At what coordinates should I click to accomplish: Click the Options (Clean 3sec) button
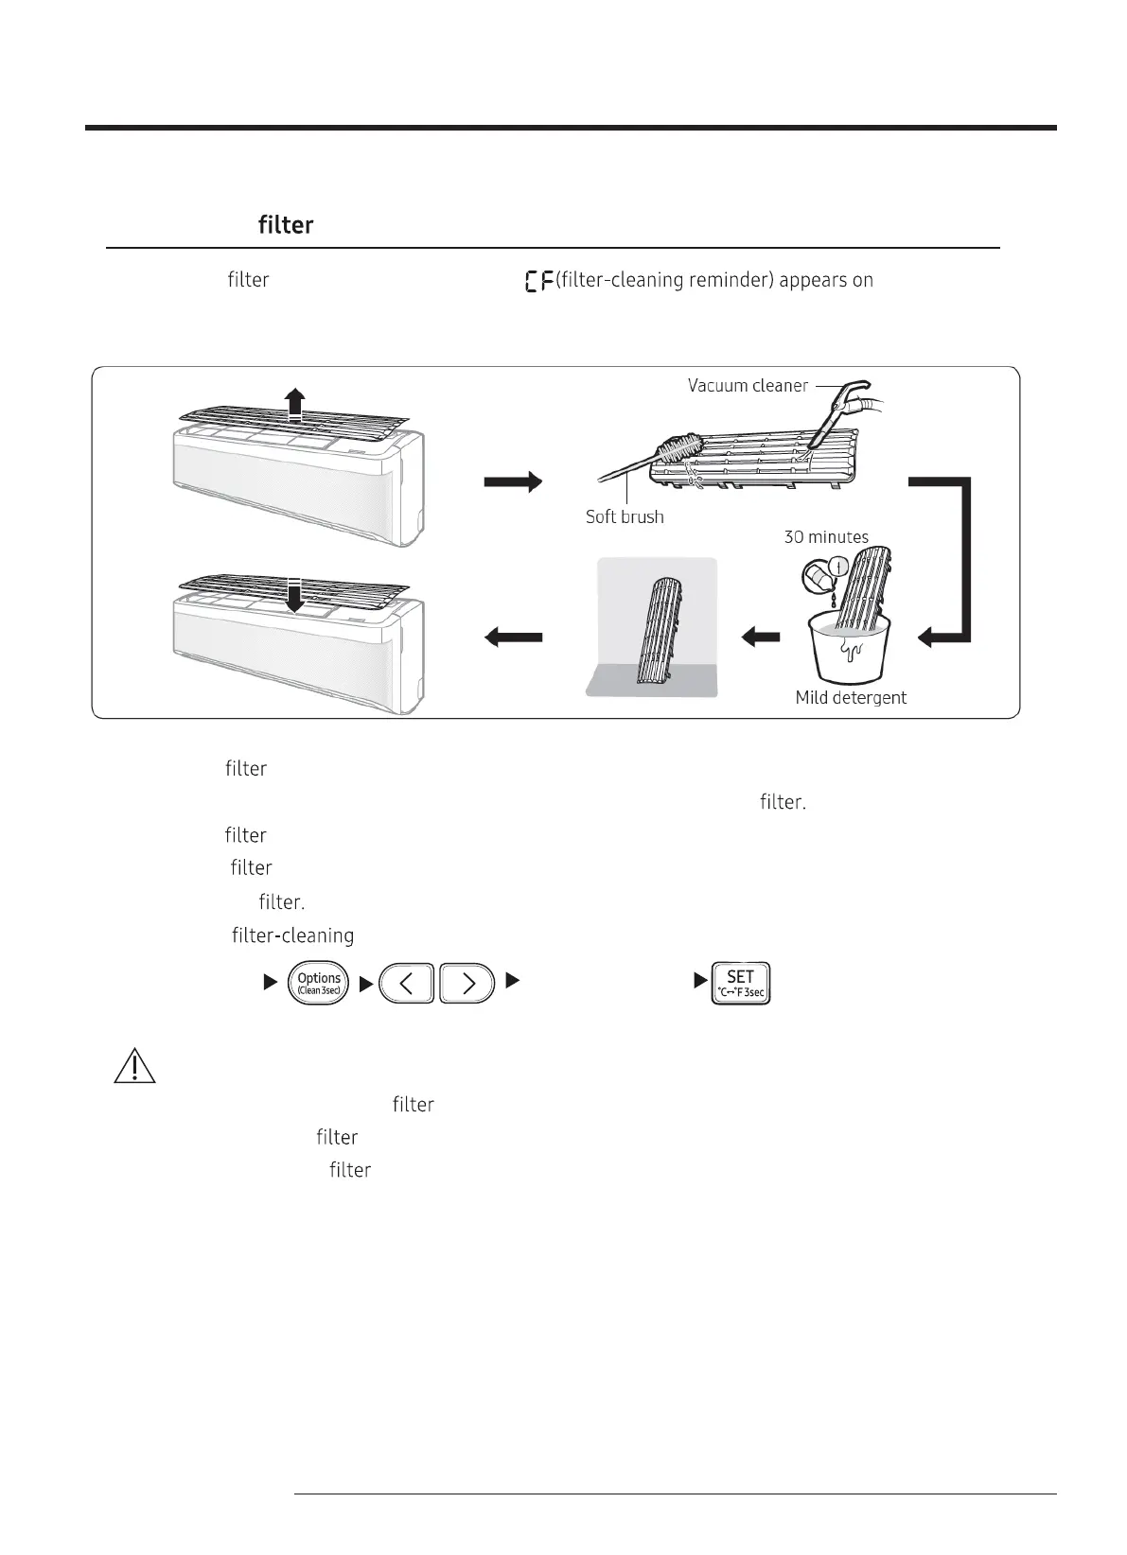point(319,983)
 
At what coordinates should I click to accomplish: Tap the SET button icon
point(741,983)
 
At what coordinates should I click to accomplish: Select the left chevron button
point(406,983)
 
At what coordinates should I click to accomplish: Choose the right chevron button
point(467,983)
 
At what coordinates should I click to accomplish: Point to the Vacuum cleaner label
point(748,386)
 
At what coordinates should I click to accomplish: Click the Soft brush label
point(625,517)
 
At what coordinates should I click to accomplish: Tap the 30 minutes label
point(826,537)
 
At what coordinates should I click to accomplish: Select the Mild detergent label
point(851,698)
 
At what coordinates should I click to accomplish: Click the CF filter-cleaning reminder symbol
point(539,281)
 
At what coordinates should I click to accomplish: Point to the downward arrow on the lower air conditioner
point(296,596)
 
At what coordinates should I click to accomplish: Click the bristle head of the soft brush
point(684,448)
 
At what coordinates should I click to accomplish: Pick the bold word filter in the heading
point(286,225)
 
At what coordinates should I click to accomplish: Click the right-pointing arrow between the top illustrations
point(513,482)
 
